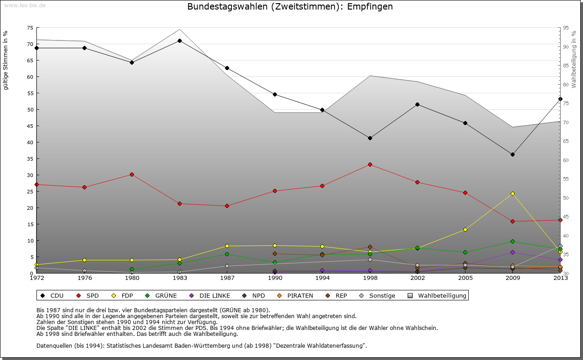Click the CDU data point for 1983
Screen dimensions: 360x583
[179, 41]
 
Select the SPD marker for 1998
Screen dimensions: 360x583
[370, 164]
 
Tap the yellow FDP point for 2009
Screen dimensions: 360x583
[512, 193]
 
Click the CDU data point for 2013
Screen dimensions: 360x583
[560, 99]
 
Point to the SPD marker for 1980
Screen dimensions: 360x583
[132, 174]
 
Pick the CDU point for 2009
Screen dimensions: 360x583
[512, 154]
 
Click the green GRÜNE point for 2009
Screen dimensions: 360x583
[512, 241]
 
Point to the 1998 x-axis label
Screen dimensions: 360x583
[370, 277]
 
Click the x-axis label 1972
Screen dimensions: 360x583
[36, 277]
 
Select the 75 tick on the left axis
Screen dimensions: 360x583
[30, 28]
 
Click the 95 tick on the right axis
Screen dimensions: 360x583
[566, 28]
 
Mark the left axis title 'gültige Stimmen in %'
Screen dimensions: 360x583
[6, 60]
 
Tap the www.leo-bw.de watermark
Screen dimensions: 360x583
[24, 5]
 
